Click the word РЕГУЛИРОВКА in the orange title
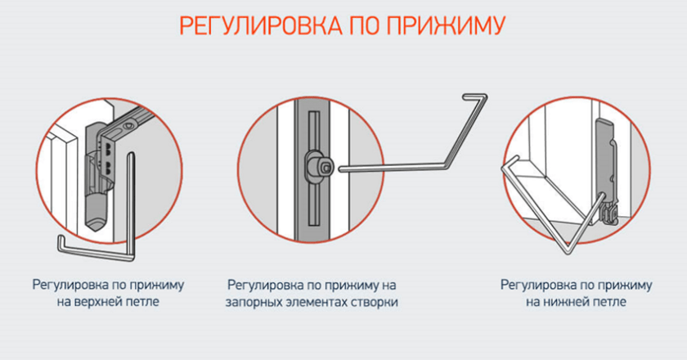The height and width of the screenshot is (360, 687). (260, 26)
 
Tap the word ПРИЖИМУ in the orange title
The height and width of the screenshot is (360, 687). (446, 26)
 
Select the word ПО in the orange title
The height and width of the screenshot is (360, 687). (364, 26)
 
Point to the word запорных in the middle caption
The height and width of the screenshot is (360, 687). (254, 303)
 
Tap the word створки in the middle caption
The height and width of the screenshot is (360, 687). (372, 302)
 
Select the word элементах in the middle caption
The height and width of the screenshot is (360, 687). (314, 302)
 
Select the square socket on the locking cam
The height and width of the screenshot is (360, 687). (326, 167)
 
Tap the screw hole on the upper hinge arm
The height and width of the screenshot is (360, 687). (128, 126)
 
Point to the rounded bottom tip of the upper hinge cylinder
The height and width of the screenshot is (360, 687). (96, 223)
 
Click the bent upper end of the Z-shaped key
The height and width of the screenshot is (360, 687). (475, 97)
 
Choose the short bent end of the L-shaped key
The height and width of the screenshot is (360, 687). (61, 244)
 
